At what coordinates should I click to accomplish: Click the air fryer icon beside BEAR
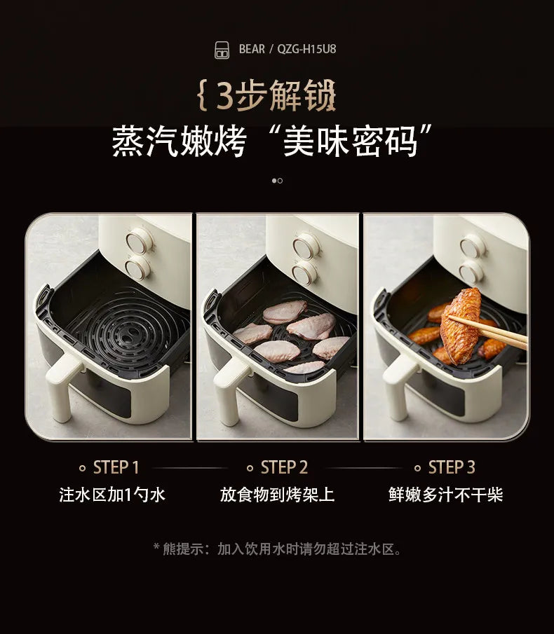click(222, 50)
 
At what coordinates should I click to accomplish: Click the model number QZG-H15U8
click(306, 49)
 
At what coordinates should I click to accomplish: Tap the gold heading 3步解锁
click(267, 96)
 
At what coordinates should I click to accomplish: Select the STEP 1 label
click(116, 467)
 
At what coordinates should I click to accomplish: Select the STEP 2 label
click(284, 467)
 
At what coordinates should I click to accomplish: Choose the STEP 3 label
click(452, 467)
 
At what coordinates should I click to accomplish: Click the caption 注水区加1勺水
click(112, 495)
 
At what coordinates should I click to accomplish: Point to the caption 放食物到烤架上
click(278, 495)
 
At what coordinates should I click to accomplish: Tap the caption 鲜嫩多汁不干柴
click(446, 495)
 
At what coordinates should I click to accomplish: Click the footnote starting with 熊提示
click(277, 549)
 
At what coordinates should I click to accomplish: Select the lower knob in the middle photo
click(305, 273)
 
